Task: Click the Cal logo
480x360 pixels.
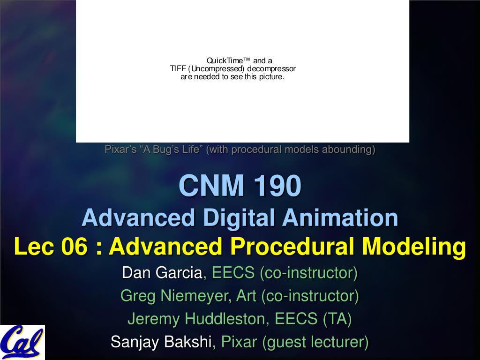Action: [x=22, y=342]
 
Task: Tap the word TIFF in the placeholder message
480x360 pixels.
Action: [x=178, y=69]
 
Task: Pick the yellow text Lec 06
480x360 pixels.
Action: [x=51, y=247]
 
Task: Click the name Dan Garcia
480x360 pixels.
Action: [x=163, y=272]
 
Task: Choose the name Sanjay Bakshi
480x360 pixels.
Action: [x=161, y=342]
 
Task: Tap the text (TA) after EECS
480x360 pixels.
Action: [x=337, y=319]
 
